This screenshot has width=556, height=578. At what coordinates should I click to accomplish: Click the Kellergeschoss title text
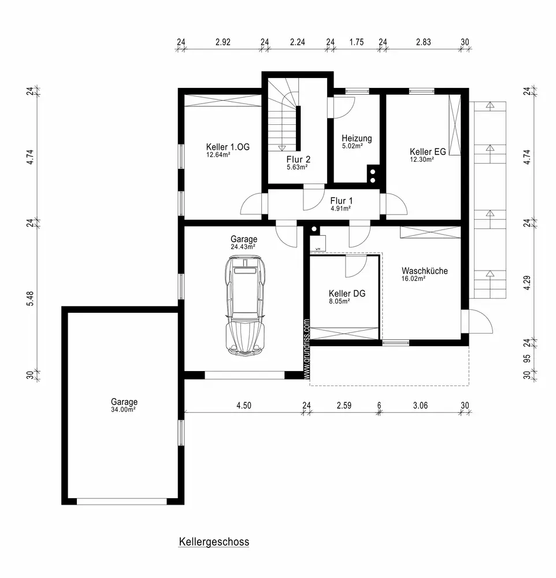pyautogui.click(x=214, y=542)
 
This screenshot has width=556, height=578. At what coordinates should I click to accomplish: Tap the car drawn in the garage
pyautogui.click(x=245, y=306)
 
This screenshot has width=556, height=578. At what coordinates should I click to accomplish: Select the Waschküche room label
pyautogui.click(x=425, y=271)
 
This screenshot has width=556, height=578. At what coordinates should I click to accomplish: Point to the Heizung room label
pyautogui.click(x=357, y=138)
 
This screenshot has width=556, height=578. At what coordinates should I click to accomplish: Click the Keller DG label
pyautogui.click(x=347, y=294)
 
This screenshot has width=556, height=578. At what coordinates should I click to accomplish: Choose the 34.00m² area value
pyautogui.click(x=124, y=410)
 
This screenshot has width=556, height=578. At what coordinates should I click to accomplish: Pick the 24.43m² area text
pyautogui.click(x=243, y=247)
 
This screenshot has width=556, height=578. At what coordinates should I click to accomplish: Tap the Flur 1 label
pyautogui.click(x=342, y=201)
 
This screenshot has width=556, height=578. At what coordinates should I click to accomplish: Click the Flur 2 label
pyautogui.click(x=298, y=160)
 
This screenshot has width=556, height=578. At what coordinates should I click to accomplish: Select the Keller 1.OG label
pyautogui.click(x=228, y=147)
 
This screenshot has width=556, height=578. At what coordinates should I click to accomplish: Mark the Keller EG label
pyautogui.click(x=428, y=151)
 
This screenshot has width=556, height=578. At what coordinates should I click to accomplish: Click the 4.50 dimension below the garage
pyautogui.click(x=244, y=406)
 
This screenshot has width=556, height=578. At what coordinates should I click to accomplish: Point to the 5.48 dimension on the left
pyautogui.click(x=30, y=299)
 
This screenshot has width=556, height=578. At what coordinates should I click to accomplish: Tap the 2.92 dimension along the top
pyautogui.click(x=223, y=42)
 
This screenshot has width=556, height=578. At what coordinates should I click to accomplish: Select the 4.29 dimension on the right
pyautogui.click(x=527, y=283)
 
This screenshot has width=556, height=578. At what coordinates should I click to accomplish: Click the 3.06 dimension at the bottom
pyautogui.click(x=420, y=406)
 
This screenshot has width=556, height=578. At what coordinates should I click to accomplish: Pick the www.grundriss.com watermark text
pyautogui.click(x=307, y=349)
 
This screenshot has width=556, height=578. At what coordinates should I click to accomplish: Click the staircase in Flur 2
pyautogui.click(x=283, y=114)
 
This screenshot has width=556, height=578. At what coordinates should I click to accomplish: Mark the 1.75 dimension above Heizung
pyautogui.click(x=357, y=42)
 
